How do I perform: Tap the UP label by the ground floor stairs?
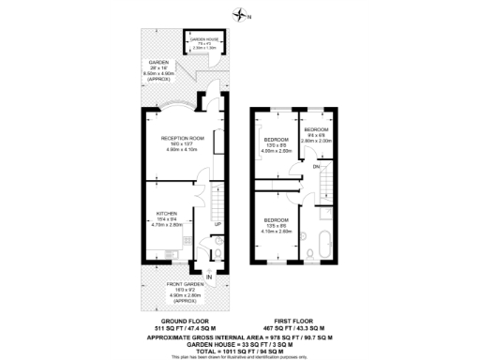[217, 224]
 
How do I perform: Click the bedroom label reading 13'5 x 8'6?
[277, 225]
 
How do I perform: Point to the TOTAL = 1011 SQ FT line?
[242, 350]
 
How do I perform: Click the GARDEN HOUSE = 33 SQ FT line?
[242, 342]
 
